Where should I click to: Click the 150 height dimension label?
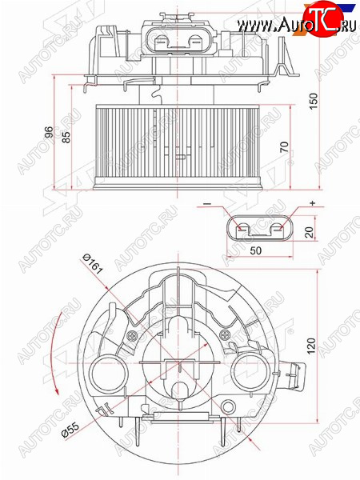point(314,102)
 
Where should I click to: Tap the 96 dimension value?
point(48,132)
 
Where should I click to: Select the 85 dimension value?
point(66,137)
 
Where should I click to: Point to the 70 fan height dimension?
point(284,147)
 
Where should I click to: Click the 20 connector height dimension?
point(310,232)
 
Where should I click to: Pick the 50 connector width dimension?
point(256,250)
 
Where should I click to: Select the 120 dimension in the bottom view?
point(311,346)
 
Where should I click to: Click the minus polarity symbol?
point(207,204)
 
